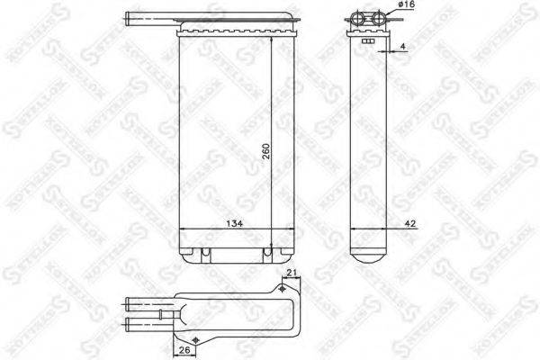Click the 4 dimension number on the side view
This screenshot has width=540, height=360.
pyautogui.click(x=403, y=44)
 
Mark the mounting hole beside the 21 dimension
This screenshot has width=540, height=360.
pyautogui.click(x=285, y=289)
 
